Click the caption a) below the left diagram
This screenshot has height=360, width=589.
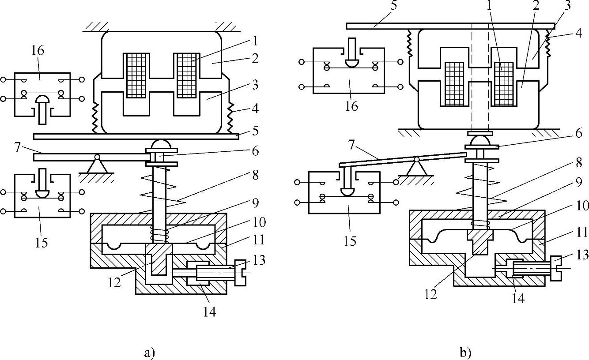point(150,352)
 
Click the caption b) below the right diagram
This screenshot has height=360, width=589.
point(465,352)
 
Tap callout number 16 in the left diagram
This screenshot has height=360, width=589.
point(38,51)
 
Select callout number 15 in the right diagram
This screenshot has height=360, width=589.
point(350,241)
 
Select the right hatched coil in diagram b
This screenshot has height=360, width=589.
point(503,84)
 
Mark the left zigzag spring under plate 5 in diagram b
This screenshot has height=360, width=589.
point(410,44)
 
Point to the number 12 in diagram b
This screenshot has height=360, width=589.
point(431,294)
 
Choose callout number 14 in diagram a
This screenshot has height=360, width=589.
point(209,311)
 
